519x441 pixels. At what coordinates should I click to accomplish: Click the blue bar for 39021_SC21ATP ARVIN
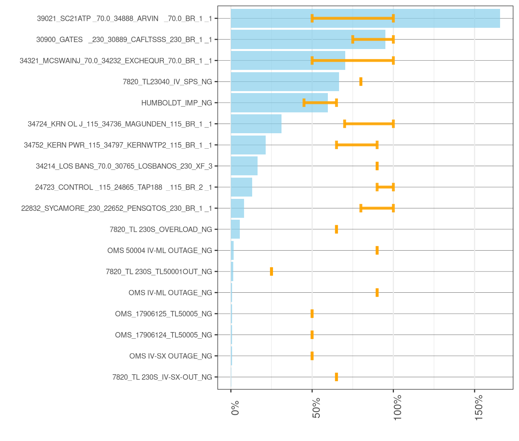pos(365,19)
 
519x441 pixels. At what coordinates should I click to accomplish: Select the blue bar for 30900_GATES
pos(308,39)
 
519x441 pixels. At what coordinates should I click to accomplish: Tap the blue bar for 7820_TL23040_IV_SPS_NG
pos(285,81)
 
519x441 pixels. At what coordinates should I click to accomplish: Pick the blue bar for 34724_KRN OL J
pos(256,124)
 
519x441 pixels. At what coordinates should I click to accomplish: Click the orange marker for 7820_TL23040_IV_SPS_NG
pos(361,81)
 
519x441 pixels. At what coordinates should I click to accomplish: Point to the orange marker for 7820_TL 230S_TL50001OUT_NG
pos(271,271)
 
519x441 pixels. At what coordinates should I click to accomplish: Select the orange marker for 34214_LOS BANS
pos(377,166)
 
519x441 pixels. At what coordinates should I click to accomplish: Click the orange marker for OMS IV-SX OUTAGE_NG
pos(312,356)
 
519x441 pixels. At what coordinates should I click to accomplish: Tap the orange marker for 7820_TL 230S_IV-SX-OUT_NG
pos(336,377)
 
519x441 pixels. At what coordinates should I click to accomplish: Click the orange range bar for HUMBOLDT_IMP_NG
pos(320,103)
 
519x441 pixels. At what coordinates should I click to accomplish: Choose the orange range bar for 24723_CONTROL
pos(385,187)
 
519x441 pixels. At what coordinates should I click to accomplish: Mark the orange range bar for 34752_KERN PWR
pos(357,145)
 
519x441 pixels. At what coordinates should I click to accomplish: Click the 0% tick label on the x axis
pos(235,408)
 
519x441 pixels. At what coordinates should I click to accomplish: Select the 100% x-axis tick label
pos(398,407)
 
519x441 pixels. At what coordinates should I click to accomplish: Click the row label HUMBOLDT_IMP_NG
pos(176,103)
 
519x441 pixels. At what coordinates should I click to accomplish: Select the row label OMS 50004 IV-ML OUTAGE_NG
pos(159,251)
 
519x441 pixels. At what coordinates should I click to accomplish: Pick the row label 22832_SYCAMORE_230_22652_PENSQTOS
pos(116,209)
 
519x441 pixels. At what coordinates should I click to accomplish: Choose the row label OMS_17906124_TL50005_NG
pos(163,335)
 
